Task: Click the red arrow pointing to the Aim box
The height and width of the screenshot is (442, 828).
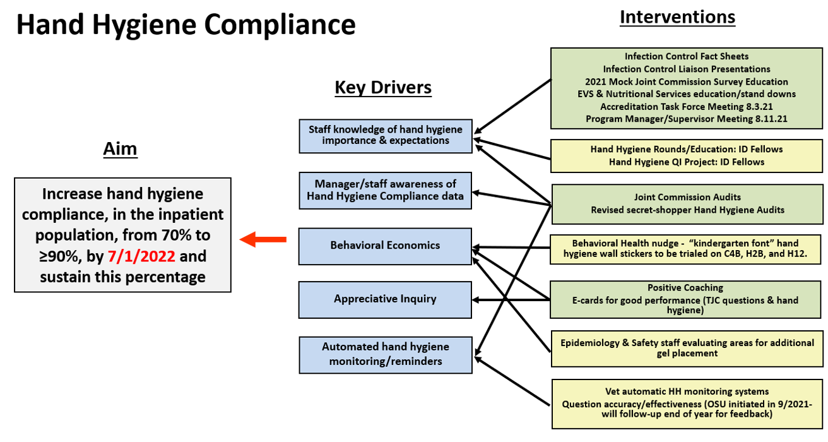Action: pyautogui.click(x=263, y=240)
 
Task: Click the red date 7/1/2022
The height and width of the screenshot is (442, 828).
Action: pyautogui.click(x=141, y=256)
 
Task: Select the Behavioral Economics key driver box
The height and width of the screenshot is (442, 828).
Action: pyautogui.click(x=385, y=246)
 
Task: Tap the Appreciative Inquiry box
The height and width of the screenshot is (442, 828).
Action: pyautogui.click(x=385, y=299)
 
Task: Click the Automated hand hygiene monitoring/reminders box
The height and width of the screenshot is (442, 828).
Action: pyautogui.click(x=386, y=355)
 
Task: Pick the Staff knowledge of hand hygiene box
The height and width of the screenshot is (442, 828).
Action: pyautogui.click(x=386, y=136)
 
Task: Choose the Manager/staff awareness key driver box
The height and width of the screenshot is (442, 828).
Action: pyautogui.click(x=385, y=191)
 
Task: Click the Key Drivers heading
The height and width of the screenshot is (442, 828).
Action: pyautogui.click(x=383, y=88)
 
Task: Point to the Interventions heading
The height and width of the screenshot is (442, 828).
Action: pyautogui.click(x=678, y=18)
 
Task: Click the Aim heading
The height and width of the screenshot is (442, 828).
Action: pyautogui.click(x=120, y=149)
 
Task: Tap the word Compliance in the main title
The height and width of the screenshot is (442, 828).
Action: pyautogui.click(x=280, y=25)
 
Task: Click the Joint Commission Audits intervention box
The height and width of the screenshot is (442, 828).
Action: pyautogui.click(x=687, y=204)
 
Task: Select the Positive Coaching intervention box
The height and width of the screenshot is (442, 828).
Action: pyautogui.click(x=685, y=299)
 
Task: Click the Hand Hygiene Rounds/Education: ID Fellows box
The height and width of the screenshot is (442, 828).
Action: pyautogui.click(x=687, y=156)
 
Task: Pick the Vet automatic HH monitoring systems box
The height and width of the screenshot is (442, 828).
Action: pyautogui.click(x=687, y=404)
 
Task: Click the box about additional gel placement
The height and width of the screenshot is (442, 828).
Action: pyautogui.click(x=687, y=349)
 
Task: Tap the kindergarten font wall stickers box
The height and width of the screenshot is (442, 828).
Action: pyautogui.click(x=685, y=249)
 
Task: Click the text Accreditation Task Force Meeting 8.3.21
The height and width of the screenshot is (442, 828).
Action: pyautogui.click(x=687, y=107)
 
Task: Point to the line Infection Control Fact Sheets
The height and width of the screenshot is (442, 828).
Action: pyautogui.click(x=687, y=56)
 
